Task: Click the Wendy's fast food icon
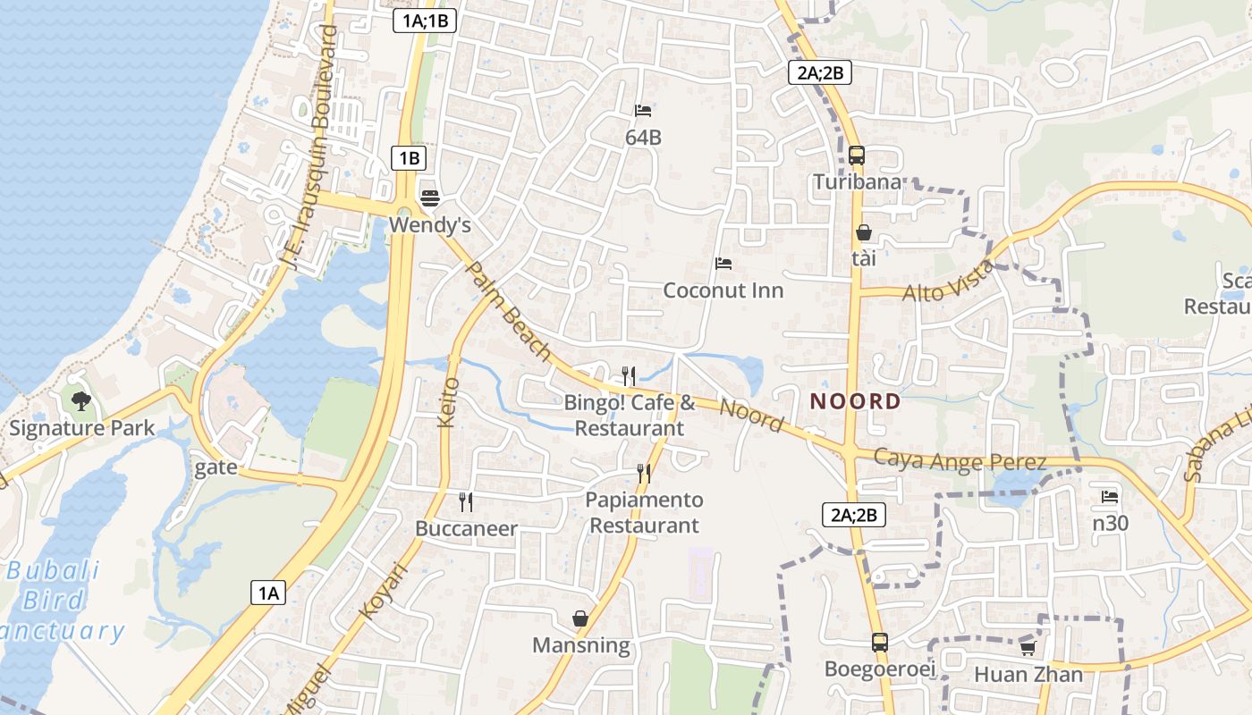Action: tap(430, 198)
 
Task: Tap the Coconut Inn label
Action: tap(723, 290)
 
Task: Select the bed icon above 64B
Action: tap(643, 111)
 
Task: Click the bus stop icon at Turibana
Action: tap(857, 156)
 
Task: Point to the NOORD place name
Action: tap(855, 401)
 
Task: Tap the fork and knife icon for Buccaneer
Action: tap(465, 501)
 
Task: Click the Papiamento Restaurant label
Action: tap(644, 512)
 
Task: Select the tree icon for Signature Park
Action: tap(81, 400)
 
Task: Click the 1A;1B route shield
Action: tap(425, 21)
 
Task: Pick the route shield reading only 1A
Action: tap(267, 592)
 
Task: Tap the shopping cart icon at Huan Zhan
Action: tap(1028, 647)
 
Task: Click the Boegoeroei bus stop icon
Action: tap(879, 642)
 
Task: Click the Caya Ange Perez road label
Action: tap(960, 461)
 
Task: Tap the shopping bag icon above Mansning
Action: tap(580, 618)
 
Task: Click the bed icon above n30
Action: tap(1110, 496)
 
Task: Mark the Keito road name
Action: tap(449, 401)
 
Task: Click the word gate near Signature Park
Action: tap(216, 467)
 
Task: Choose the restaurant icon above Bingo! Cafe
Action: tap(629, 375)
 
